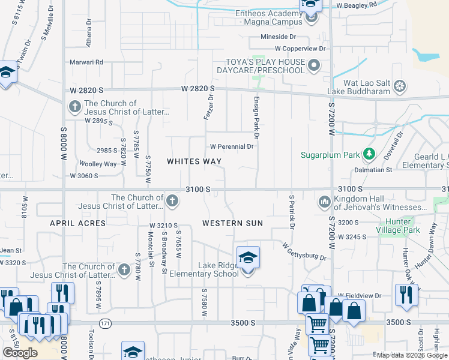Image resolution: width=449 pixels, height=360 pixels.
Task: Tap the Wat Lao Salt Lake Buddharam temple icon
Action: click(400, 88)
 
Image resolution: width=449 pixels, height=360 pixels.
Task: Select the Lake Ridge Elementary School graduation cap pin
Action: click(248, 259)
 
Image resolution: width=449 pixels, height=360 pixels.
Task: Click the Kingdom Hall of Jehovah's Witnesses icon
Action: click(325, 201)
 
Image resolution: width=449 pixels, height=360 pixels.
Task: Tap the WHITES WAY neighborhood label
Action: click(194, 161)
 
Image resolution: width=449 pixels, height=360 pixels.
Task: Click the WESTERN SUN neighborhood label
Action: click(232, 223)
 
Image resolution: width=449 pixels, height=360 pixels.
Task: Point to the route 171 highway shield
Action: click(105, 323)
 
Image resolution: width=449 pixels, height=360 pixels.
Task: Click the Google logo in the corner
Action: click(20, 353)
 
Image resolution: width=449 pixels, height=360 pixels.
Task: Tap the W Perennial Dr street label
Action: click(232, 146)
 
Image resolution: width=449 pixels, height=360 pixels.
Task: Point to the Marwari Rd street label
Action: click(86, 62)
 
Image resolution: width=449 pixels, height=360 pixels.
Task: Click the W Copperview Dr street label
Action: click(300, 48)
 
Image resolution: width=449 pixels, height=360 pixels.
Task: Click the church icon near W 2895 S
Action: click(74, 107)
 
